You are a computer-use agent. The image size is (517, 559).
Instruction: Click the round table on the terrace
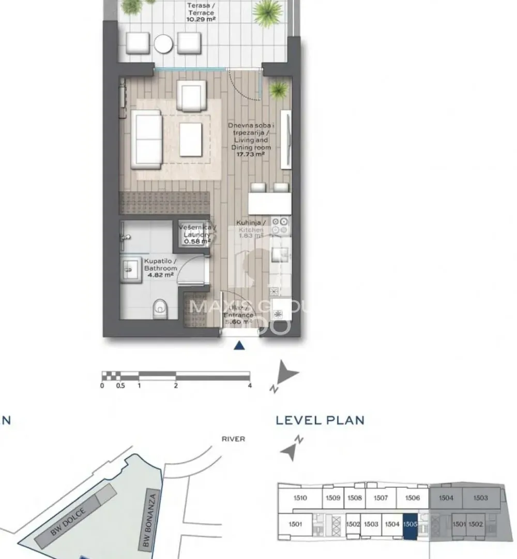pyautogui.click(x=164, y=44)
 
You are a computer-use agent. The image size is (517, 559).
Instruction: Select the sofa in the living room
pyautogui.click(x=146, y=139)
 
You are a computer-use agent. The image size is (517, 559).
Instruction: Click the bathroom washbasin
pyautogui.click(x=129, y=270)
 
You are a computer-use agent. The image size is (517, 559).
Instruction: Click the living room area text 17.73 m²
pyautogui.click(x=250, y=154)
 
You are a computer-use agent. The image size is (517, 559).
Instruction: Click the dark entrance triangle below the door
pyautogui.click(x=238, y=346)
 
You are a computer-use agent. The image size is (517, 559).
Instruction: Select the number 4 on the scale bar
pyautogui.click(x=250, y=386)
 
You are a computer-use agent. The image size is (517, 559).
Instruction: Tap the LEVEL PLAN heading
pyautogui.click(x=320, y=420)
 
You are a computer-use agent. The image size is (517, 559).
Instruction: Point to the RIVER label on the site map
pyautogui.click(x=233, y=439)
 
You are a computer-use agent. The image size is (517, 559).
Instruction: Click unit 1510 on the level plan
pyautogui.click(x=299, y=498)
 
